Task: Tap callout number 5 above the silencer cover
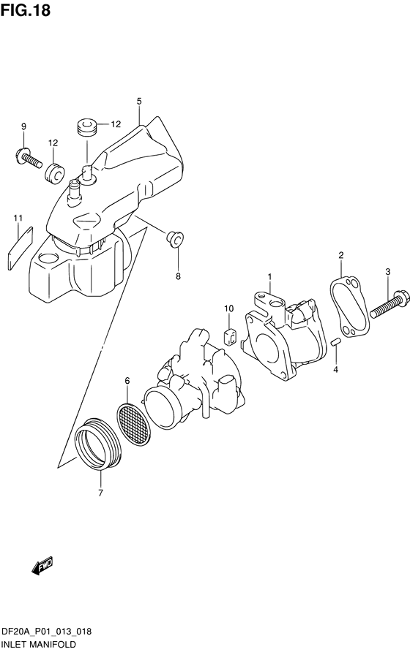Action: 139,101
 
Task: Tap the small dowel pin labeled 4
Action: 336,342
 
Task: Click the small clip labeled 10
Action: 230,336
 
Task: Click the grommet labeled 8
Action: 175,239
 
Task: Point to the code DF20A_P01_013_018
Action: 47,632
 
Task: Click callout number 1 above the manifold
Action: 269,276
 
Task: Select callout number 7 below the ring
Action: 100,493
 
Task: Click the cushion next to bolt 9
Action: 55,173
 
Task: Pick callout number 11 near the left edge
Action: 18,218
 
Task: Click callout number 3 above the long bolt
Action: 387,272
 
